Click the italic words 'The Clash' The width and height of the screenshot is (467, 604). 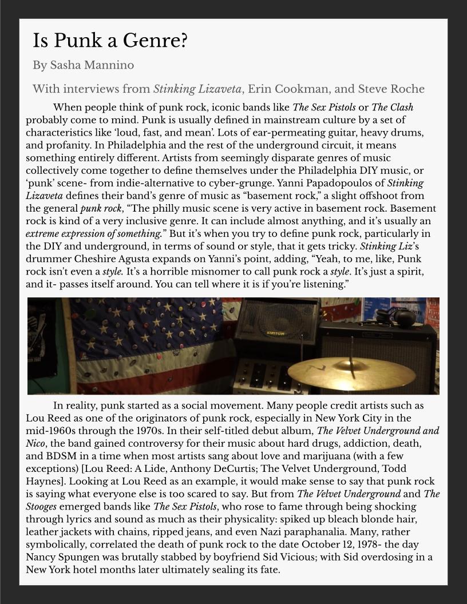[392, 108]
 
